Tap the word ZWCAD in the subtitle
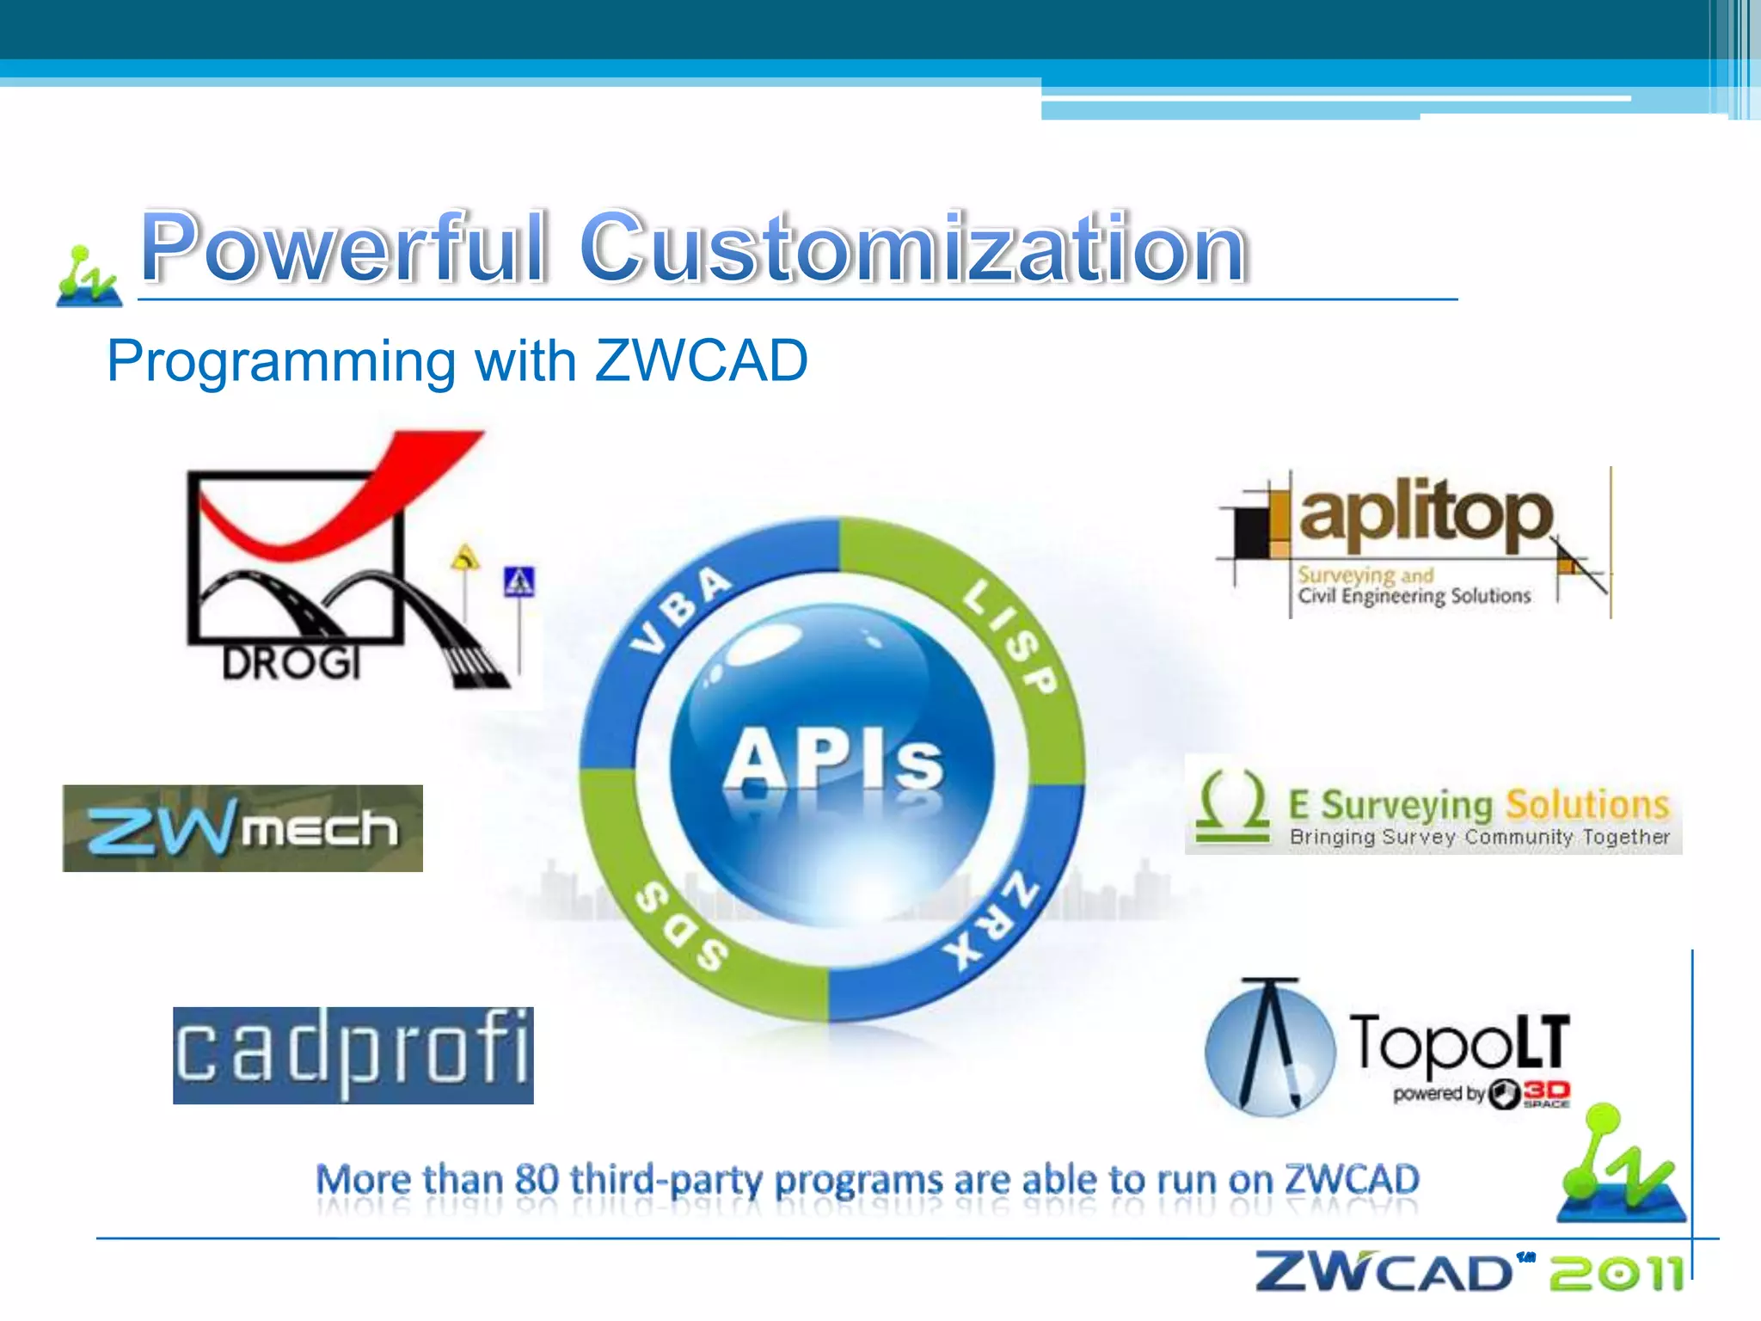pos(701,360)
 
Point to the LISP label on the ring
pos(1009,636)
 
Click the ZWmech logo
pos(242,828)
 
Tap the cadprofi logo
pos(353,1055)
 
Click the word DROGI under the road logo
pos(291,663)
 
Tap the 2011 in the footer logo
pos(1617,1273)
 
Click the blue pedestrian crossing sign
pos(519,582)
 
